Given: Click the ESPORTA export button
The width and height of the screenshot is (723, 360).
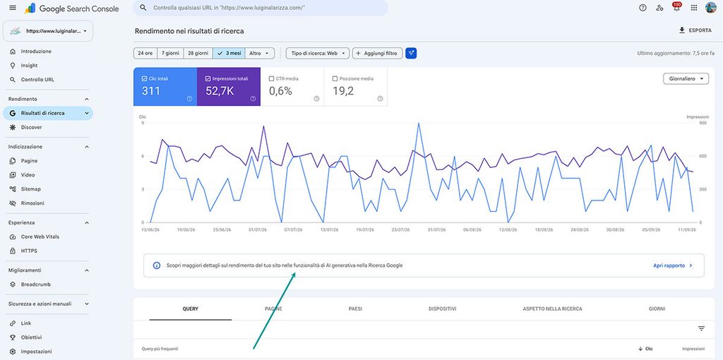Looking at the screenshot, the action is tap(695, 30).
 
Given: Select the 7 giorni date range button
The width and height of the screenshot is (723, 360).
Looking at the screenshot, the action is tap(170, 54).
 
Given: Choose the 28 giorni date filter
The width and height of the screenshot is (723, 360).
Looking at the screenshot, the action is tap(198, 54).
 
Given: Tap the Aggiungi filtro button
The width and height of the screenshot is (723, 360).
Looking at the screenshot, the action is tap(377, 54).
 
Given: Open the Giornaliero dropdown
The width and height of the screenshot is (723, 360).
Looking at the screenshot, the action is tap(686, 79).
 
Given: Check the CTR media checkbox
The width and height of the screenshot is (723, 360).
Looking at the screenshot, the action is tap(272, 79).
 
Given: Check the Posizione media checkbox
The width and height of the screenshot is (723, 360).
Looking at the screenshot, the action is tap(335, 79).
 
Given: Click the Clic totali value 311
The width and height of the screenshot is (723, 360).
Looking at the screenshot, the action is tap(151, 91).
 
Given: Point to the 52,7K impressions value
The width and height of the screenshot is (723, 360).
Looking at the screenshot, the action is tap(220, 91).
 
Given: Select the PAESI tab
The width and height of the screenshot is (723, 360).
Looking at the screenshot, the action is tap(355, 309).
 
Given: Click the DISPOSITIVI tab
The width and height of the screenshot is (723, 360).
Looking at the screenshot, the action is tap(442, 309).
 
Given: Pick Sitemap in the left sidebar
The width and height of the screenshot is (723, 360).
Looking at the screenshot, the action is tap(30, 189).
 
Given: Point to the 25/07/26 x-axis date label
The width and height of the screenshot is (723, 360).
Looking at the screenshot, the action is tap(401, 229).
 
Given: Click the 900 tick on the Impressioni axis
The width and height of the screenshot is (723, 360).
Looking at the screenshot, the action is tap(691, 123).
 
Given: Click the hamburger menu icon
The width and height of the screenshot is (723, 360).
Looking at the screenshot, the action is tap(13, 8).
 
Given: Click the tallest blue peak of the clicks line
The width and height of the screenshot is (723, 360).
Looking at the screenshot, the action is tap(418, 124).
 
